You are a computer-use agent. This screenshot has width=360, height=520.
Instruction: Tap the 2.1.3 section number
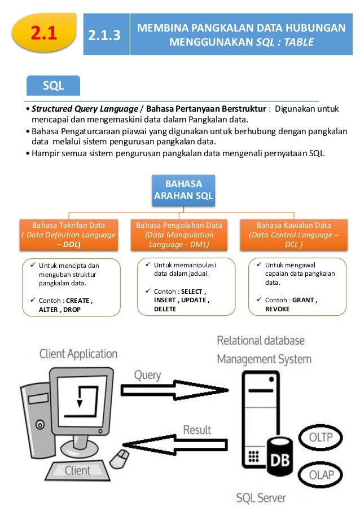105,36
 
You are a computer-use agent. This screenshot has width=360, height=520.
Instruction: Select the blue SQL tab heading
54,86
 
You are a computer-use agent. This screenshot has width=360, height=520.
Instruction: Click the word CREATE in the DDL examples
79,301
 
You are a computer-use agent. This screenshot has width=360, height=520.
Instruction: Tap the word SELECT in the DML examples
193,291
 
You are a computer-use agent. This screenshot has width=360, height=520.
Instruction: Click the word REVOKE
277,310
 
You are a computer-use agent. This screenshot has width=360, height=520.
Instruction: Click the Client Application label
78,354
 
